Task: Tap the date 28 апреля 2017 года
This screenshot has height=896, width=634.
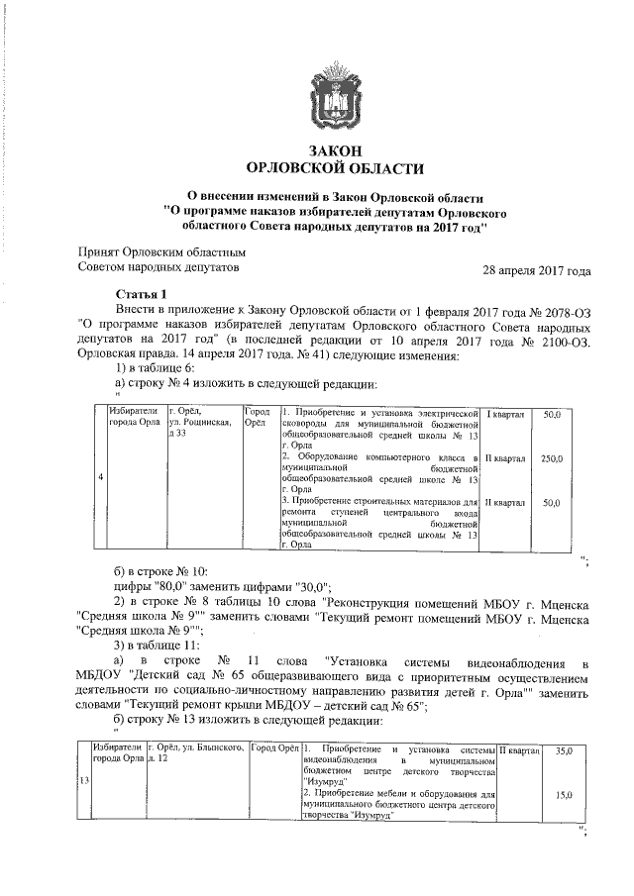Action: [x=536, y=270]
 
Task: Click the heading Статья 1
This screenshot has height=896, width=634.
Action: [x=143, y=293]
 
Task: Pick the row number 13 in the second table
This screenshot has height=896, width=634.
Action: [x=82, y=781]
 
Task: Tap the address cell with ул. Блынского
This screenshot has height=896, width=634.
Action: [x=195, y=751]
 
